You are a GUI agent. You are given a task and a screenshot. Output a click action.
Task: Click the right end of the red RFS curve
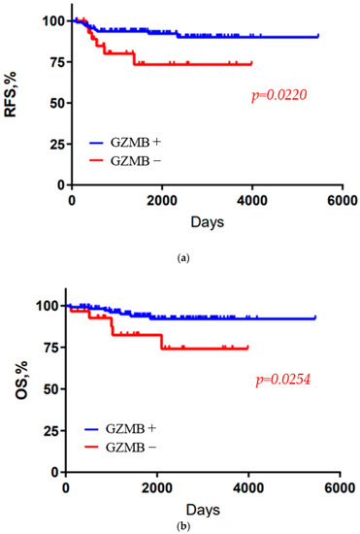click(251, 64)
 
